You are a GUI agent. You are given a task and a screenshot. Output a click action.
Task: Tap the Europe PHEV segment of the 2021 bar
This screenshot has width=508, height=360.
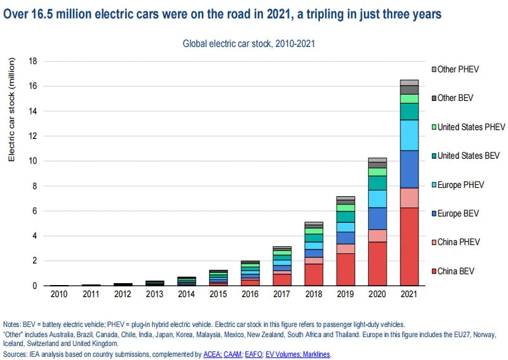409,135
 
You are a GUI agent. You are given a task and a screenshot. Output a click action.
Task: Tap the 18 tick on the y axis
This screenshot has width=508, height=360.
34,62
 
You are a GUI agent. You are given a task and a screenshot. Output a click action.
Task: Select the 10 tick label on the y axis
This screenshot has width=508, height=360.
34,161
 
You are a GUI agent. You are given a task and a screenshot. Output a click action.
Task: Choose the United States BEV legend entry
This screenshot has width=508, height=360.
468,156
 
